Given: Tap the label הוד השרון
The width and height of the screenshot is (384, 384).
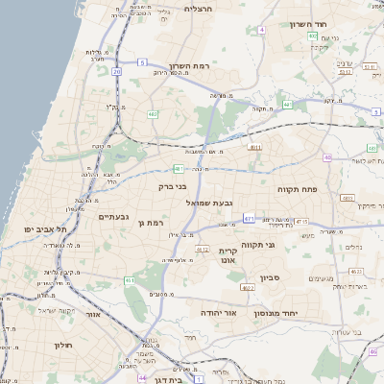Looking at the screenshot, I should [x=308, y=24].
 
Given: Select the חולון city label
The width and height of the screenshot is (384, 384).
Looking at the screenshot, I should [x=63, y=345].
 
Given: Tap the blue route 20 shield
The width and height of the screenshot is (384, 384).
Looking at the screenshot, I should [x=117, y=71].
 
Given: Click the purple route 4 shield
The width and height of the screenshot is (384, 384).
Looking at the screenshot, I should [x=261, y=29].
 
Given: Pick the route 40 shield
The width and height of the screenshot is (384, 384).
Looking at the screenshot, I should [x=327, y=157].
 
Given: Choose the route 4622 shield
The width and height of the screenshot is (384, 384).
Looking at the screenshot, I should [x=248, y=286].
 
